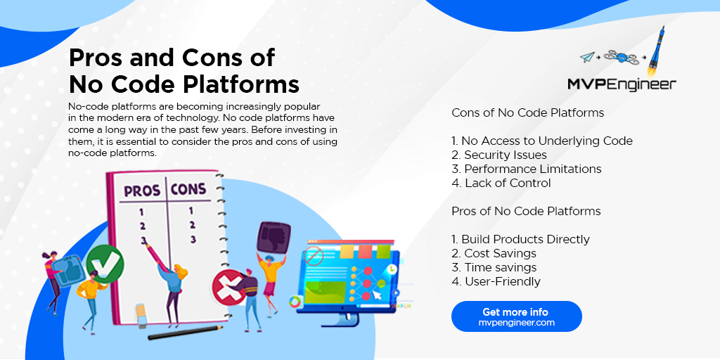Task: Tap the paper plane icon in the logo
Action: click(x=588, y=57)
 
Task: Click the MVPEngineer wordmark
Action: click(x=622, y=84)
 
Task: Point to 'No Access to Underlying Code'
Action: click(x=542, y=141)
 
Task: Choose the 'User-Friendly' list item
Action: click(x=496, y=281)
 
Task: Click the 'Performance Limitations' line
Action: click(x=527, y=169)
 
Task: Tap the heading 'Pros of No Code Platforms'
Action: click(x=526, y=211)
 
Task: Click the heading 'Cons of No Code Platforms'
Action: click(x=527, y=112)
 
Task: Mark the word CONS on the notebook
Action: click(x=188, y=188)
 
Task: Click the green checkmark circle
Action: click(x=105, y=263)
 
